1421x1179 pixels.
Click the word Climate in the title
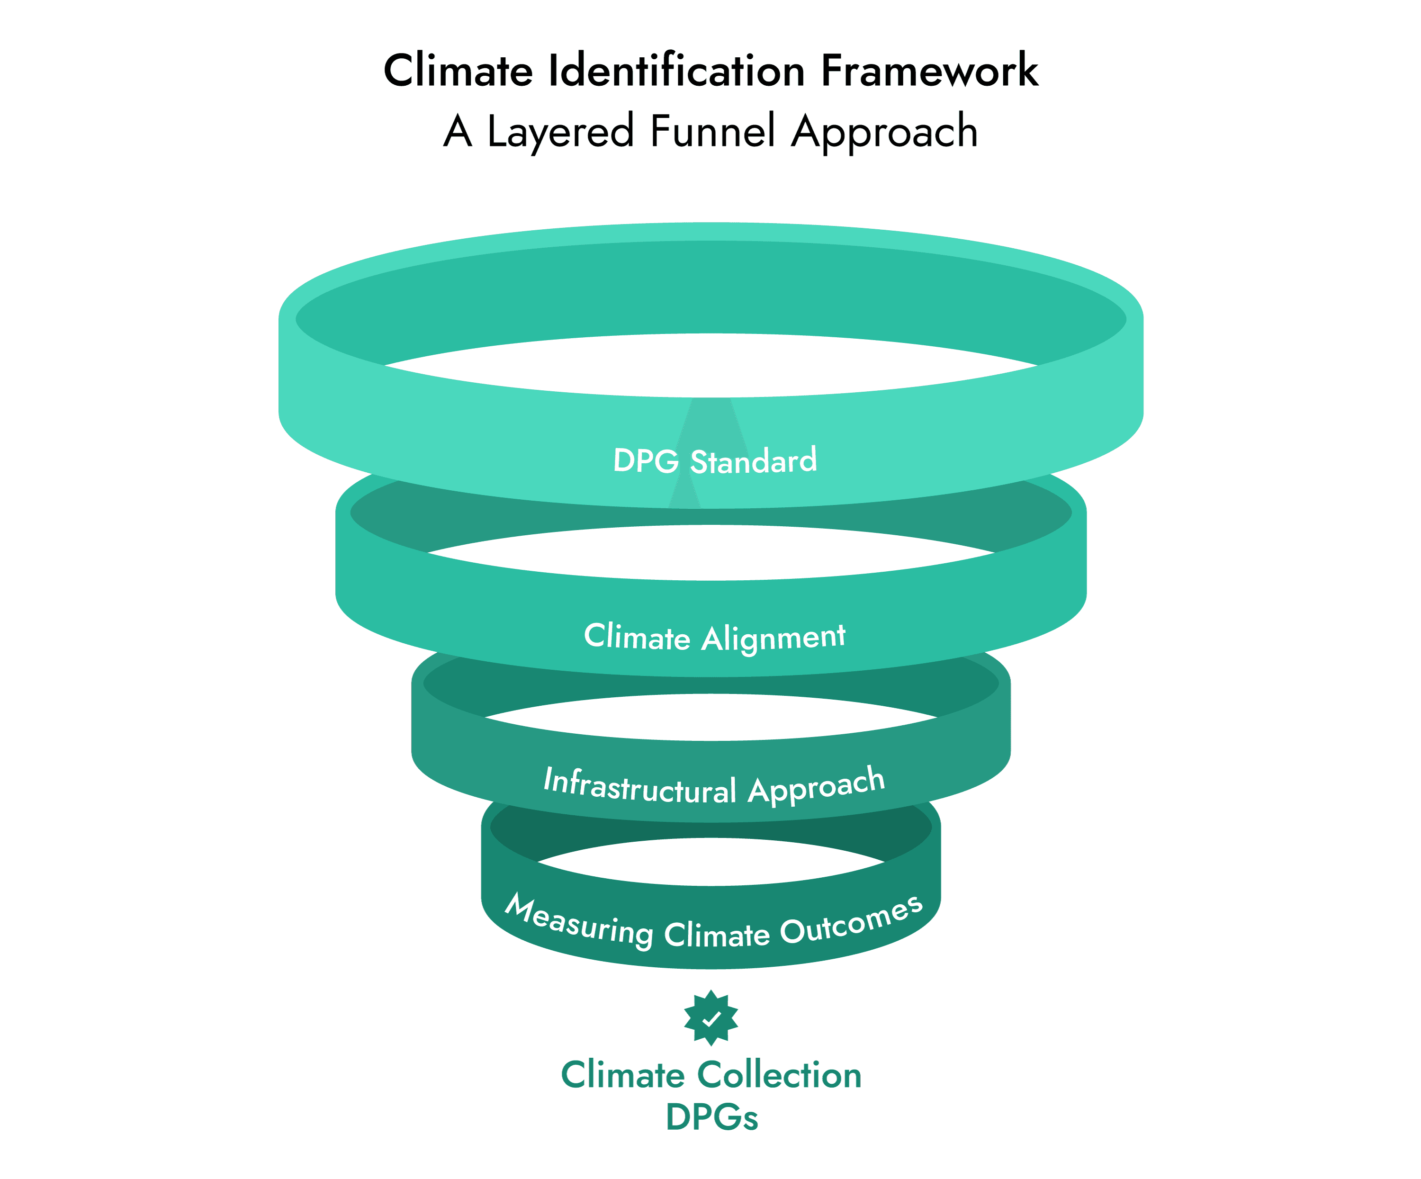click(458, 71)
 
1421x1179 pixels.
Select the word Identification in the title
click(676, 71)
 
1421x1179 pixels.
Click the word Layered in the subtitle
click(560, 132)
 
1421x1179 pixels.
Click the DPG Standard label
click(715, 461)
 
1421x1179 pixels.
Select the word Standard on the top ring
click(753, 461)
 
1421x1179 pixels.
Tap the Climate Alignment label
click(715, 637)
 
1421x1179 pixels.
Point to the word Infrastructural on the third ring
click(639, 786)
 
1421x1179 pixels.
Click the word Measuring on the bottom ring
click(578, 920)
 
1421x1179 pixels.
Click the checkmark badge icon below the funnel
click(710, 1018)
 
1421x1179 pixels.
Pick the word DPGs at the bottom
click(712, 1117)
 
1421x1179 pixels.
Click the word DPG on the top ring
click(646, 461)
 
